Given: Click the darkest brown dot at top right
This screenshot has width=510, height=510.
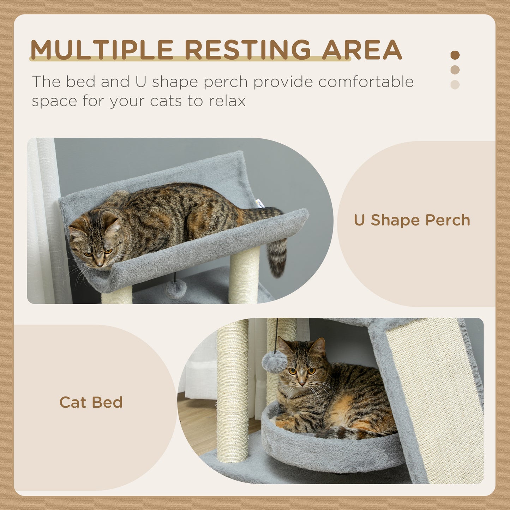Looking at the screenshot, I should pos(455,55).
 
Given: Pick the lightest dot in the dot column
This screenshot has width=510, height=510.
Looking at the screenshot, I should pos(455,85).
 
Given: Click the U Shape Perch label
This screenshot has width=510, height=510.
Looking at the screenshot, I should pos(412,220).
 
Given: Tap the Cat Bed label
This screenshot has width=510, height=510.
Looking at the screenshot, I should pos(91,402).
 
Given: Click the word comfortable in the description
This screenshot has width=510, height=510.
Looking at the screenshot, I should pos(366,82).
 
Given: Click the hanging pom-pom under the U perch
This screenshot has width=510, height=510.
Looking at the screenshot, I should pos(176,288).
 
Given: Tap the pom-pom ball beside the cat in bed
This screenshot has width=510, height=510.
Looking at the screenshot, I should pos(274,362).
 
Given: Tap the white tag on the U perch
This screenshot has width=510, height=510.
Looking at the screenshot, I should pos(260,204).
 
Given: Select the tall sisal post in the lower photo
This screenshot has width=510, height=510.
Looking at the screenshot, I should pos(233,392).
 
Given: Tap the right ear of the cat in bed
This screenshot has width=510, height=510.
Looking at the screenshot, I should pos(319,346).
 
